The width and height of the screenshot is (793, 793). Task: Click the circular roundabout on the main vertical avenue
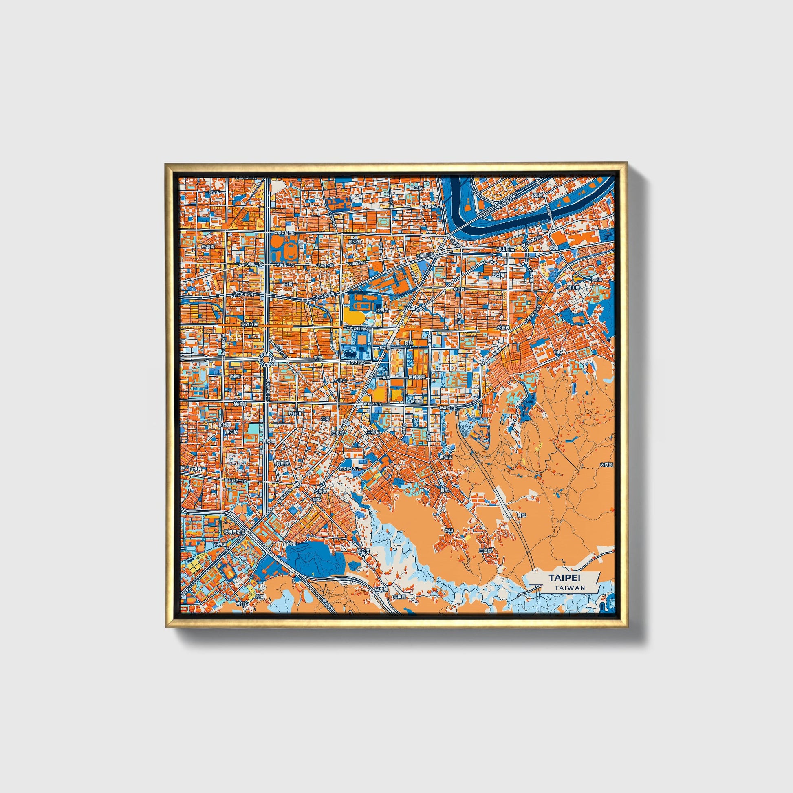(266, 359)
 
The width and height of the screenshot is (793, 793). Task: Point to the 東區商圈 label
(249, 324)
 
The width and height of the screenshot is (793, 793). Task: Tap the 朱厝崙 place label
(209, 246)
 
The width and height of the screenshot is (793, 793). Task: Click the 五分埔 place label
(497, 274)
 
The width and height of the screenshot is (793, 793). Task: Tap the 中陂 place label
(558, 352)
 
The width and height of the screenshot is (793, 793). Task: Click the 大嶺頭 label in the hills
(606, 465)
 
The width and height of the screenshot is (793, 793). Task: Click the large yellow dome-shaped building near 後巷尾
(353, 317)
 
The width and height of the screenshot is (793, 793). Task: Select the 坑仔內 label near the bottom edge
(242, 604)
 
